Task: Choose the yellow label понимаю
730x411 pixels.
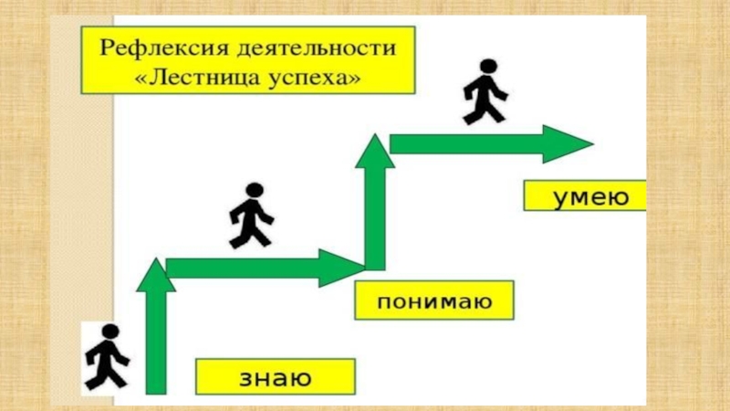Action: click(x=434, y=300)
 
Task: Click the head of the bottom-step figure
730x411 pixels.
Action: click(x=109, y=332)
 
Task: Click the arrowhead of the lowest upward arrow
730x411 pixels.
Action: click(x=156, y=275)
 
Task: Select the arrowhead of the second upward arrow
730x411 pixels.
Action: click(x=374, y=152)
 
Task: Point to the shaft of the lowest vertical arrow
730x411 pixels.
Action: click(x=157, y=347)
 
